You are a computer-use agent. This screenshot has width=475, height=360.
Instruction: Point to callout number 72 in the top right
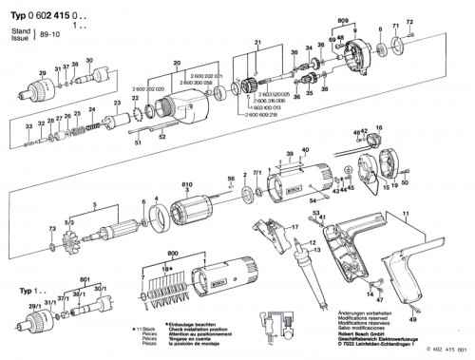click(x=410, y=21)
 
